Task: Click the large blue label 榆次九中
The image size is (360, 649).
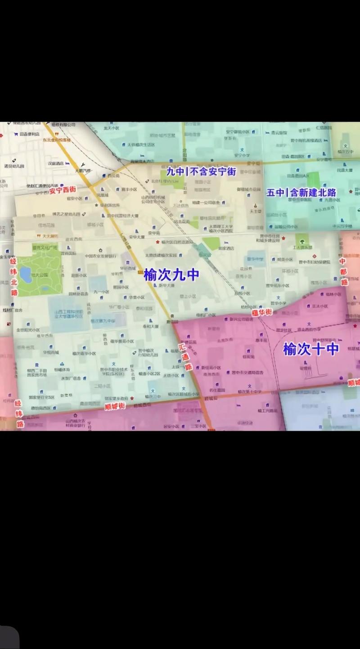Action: pyautogui.click(x=171, y=275)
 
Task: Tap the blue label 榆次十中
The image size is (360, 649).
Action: pyautogui.click(x=310, y=348)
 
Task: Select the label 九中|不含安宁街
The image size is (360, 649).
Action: pyautogui.click(x=201, y=171)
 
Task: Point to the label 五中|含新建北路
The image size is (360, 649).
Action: pyautogui.click(x=301, y=193)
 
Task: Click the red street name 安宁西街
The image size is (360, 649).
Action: pyautogui.click(x=62, y=190)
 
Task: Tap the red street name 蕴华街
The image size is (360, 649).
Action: pyautogui.click(x=262, y=312)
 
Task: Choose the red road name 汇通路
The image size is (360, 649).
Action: pyautogui.click(x=185, y=356)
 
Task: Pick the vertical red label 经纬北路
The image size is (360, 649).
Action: pyautogui.click(x=14, y=276)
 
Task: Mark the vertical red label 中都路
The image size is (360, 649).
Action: pyautogui.click(x=343, y=271)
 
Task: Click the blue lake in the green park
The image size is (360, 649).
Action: pyautogui.click(x=26, y=275)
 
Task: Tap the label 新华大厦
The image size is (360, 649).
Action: pyautogui.click(x=166, y=285)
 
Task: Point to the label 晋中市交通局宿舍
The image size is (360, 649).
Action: pyautogui.click(x=247, y=373)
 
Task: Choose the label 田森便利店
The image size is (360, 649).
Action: pyautogui.click(x=28, y=134)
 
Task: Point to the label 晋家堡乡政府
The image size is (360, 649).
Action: pyautogui.click(x=116, y=398)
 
